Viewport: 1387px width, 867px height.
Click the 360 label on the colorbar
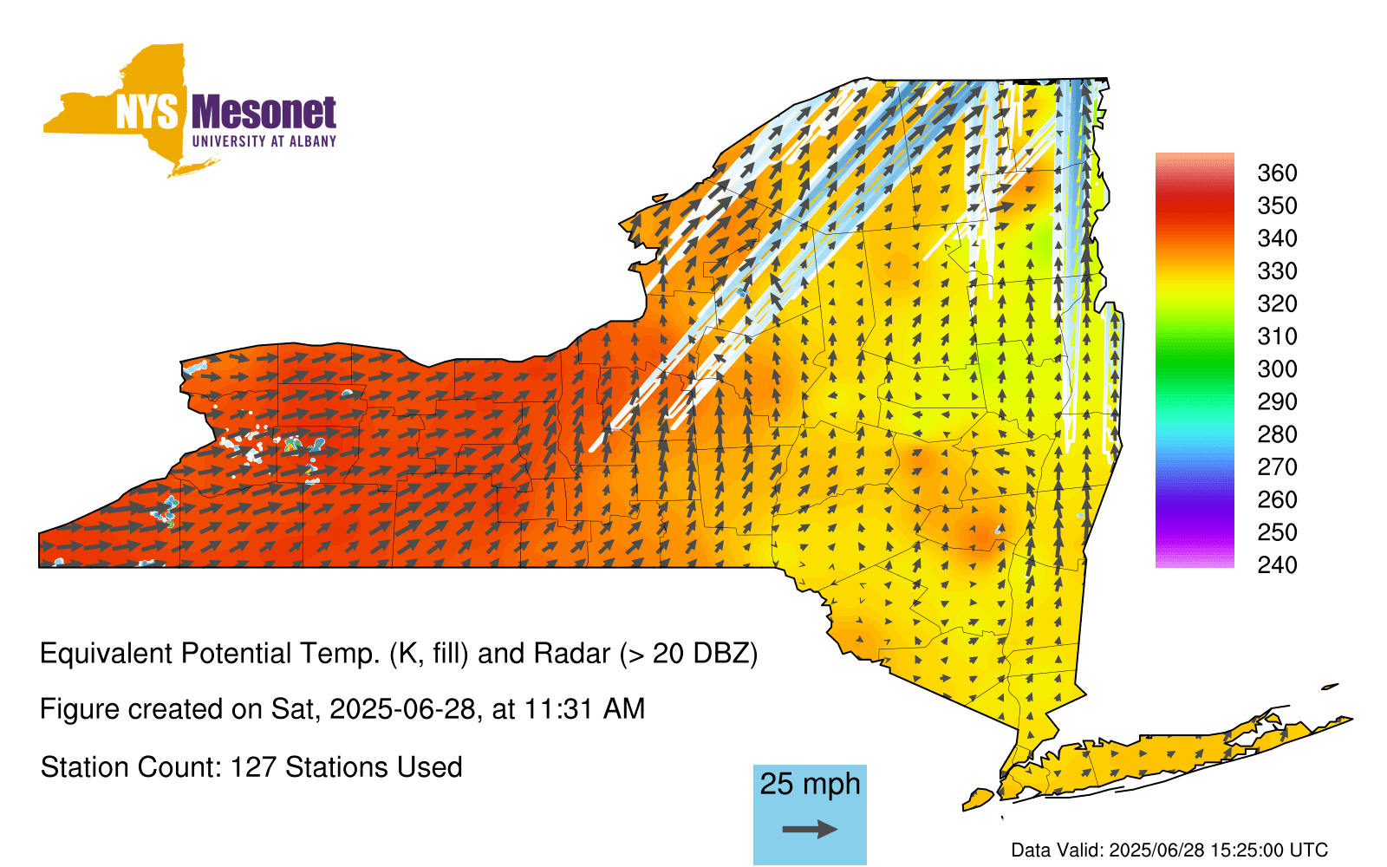[1277, 173]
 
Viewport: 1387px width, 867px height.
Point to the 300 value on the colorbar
[1277, 369]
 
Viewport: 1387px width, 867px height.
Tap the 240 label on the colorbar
[1277, 564]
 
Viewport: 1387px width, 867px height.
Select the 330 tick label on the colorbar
[1277, 271]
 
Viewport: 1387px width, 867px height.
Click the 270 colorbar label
[1277, 467]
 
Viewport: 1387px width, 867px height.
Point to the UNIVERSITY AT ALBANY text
[264, 141]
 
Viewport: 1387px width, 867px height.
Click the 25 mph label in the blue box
[810, 784]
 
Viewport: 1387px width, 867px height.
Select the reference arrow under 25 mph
[810, 829]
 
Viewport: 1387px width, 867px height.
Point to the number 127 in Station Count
[252, 767]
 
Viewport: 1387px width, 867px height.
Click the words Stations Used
[374, 767]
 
